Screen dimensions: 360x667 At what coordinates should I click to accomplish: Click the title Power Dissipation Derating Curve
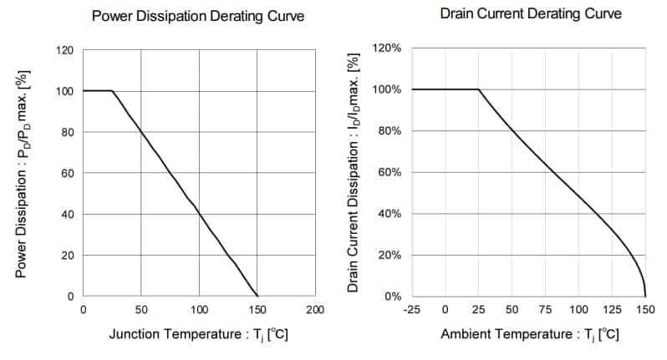click(x=197, y=17)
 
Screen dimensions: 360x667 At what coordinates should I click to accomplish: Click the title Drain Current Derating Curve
click(x=530, y=14)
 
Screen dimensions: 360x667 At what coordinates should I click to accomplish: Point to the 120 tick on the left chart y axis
click(x=65, y=51)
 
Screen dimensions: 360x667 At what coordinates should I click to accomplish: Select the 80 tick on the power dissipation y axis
click(x=68, y=133)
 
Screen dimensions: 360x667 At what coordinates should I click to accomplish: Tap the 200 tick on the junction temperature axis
click(x=315, y=311)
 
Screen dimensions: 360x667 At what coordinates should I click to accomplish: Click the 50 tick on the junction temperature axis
click(x=140, y=311)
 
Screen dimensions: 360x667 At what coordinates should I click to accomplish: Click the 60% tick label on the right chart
click(x=390, y=173)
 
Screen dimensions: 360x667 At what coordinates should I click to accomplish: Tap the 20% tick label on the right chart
click(x=390, y=256)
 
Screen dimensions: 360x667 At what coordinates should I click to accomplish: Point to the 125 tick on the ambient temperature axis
click(x=612, y=311)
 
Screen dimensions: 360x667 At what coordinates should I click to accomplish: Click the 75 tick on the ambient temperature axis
click(x=545, y=311)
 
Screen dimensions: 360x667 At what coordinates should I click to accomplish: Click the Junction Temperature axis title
click(x=199, y=335)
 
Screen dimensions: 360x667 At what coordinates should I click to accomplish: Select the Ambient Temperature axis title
click(x=530, y=335)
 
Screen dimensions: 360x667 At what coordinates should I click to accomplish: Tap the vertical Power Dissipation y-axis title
click(x=23, y=173)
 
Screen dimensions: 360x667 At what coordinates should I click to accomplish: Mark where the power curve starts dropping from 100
click(x=112, y=91)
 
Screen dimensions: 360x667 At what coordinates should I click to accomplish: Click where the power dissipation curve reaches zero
click(x=257, y=297)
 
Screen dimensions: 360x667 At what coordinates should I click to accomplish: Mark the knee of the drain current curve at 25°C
click(x=478, y=89)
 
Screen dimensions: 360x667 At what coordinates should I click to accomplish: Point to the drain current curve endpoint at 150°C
click(x=645, y=297)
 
